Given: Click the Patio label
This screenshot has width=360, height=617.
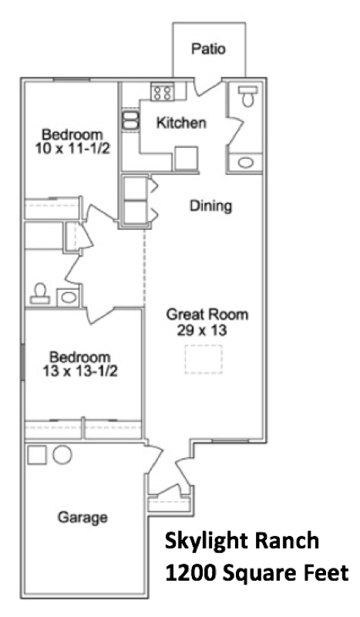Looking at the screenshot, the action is click(209, 49).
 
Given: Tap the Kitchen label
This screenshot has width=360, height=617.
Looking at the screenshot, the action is click(181, 123).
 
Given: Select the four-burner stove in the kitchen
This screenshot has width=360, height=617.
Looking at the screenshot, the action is click(163, 93).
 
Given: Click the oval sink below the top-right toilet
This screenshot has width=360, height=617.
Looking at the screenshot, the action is click(245, 162).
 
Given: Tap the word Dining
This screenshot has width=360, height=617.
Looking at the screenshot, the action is click(211, 206).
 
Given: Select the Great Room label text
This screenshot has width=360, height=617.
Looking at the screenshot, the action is click(207, 315).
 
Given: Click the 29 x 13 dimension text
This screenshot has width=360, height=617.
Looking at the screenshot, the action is click(202, 330).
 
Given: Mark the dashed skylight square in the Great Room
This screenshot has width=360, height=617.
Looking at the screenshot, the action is click(204, 359).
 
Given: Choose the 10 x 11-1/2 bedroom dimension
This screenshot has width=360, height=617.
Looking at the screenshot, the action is click(72, 149).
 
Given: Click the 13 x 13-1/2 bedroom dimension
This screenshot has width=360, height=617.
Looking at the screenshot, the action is click(80, 371).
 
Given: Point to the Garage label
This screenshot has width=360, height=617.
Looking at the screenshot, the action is click(82, 517).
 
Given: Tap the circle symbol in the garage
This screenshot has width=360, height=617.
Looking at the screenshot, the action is click(62, 455).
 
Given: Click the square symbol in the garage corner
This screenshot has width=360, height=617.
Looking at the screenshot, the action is click(36, 454).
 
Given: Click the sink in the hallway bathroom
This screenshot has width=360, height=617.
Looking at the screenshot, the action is click(69, 297).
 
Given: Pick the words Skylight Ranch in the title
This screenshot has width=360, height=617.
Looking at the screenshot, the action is click(241, 542).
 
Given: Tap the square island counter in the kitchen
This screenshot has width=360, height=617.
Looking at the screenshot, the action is click(186, 158).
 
